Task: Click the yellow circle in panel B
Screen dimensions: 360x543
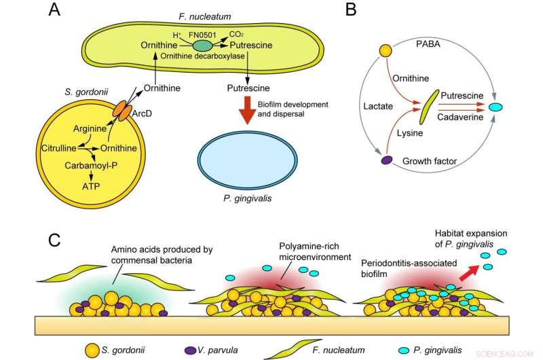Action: point(386,50)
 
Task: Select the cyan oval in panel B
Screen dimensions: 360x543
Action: point(497,107)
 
